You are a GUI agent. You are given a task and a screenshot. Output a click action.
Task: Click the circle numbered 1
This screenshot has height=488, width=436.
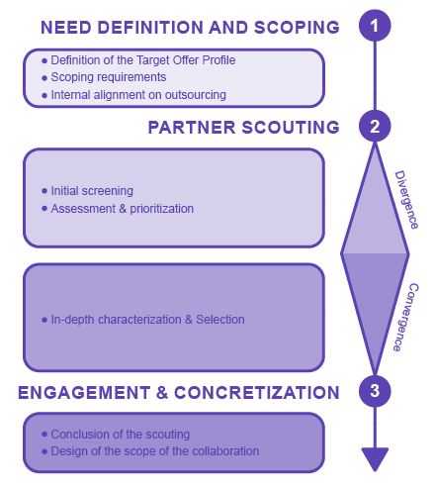[374, 24]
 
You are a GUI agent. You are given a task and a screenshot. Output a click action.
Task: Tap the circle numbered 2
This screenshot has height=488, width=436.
[374, 127]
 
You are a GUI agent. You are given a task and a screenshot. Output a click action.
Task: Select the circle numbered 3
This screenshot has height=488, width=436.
[374, 391]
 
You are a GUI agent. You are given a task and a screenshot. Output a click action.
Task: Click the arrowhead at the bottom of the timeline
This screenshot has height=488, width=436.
[374, 459]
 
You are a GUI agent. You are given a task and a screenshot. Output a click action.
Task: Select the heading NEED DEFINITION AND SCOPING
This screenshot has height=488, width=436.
[189, 27]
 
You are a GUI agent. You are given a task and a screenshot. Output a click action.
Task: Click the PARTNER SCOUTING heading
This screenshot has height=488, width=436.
[243, 128]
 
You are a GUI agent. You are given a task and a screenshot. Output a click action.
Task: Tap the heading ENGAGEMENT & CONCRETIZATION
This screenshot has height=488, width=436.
[178, 392]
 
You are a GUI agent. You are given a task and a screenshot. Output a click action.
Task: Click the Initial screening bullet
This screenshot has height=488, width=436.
[92, 190]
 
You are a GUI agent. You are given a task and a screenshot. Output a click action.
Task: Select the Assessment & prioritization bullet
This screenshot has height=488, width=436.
[122, 208]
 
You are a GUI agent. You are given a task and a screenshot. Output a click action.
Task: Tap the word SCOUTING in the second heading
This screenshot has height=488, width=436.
[289, 128]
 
